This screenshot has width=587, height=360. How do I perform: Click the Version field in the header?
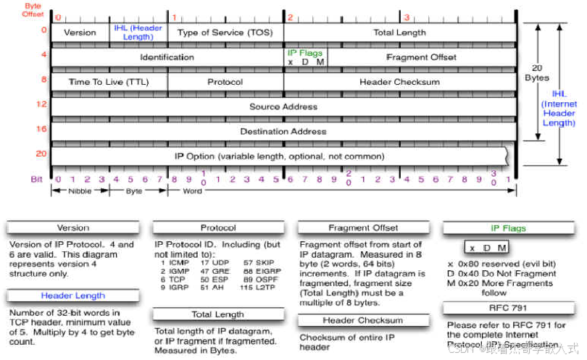click(80, 33)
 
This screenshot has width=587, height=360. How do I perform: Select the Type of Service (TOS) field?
click(225, 33)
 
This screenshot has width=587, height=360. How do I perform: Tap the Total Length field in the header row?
click(399, 33)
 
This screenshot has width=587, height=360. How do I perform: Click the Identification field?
click(167, 57)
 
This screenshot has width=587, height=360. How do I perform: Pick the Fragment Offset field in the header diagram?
click(421, 57)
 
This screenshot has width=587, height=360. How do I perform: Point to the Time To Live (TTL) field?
click(109, 82)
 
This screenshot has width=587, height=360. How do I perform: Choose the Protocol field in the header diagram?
click(225, 82)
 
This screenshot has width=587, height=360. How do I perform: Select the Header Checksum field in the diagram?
click(399, 82)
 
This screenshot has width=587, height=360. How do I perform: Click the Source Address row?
click(283, 106)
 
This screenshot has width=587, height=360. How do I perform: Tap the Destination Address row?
click(283, 132)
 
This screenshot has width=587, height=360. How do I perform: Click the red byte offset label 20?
click(41, 154)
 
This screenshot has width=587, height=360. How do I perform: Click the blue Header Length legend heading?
click(72, 296)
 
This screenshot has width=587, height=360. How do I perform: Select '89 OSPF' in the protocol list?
click(259, 278)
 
